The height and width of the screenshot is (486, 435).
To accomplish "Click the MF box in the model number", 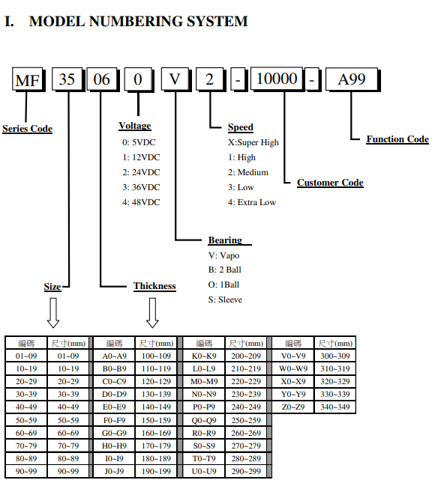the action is (28, 79).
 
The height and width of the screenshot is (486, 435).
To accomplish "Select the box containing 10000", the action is (277, 79).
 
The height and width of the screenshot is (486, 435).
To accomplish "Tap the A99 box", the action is (352, 79).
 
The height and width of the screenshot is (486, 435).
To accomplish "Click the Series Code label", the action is (27, 129).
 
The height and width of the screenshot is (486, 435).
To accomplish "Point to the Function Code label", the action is (397, 139).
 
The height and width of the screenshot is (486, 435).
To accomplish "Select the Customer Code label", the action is (330, 183).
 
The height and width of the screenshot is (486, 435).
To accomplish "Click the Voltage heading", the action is (135, 126).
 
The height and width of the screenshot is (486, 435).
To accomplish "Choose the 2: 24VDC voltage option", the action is (141, 172).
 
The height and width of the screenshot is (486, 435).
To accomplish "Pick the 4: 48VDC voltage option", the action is (141, 202).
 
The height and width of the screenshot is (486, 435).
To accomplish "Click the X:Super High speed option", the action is (253, 142).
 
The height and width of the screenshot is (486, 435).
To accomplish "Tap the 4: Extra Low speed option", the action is (252, 202).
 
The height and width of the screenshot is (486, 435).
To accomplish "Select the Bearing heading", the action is (225, 240).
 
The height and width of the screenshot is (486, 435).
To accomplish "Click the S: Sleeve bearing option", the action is (225, 300).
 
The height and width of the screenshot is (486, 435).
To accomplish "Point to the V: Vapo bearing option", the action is (223, 255).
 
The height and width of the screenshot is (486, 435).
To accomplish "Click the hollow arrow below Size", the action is (53, 313).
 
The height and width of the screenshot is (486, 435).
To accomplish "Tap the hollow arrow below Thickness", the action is (152, 313).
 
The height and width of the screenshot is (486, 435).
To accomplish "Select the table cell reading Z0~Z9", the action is (293, 407).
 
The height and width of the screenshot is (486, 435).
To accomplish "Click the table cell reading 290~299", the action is (246, 472).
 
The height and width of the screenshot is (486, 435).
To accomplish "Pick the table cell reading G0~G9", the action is (114, 433).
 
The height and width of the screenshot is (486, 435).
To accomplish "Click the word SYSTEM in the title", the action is (217, 22).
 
